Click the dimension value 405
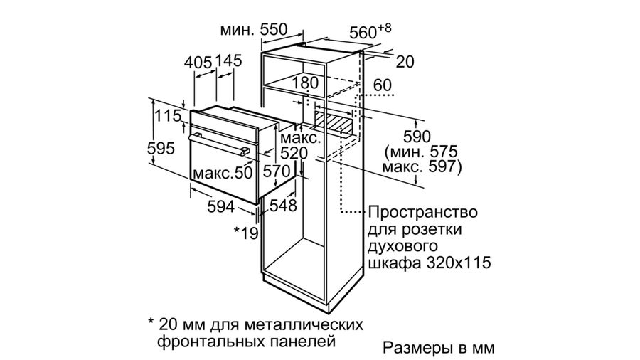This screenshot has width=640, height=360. click(198, 63)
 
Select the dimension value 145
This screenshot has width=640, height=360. click(228, 60)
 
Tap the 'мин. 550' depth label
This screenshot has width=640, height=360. click(253, 29)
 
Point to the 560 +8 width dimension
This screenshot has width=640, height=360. click(370, 31)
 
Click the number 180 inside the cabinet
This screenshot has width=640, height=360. click(305, 83)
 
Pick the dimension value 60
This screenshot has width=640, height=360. click(383, 85)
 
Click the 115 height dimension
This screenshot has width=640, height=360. click(168, 116)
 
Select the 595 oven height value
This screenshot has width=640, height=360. click(161, 148)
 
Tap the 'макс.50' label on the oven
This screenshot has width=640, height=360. click(223, 173)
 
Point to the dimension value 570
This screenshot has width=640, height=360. click(277, 171)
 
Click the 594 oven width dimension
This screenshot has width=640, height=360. click(221, 207)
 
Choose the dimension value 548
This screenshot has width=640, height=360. click(283, 206)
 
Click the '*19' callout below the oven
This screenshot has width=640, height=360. click(246, 233)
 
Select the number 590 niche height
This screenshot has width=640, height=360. click(417, 137)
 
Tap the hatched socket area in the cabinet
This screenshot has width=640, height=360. click(332, 123)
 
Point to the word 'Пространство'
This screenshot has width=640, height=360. click(423, 212)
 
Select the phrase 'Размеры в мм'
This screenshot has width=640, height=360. click(439, 348)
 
